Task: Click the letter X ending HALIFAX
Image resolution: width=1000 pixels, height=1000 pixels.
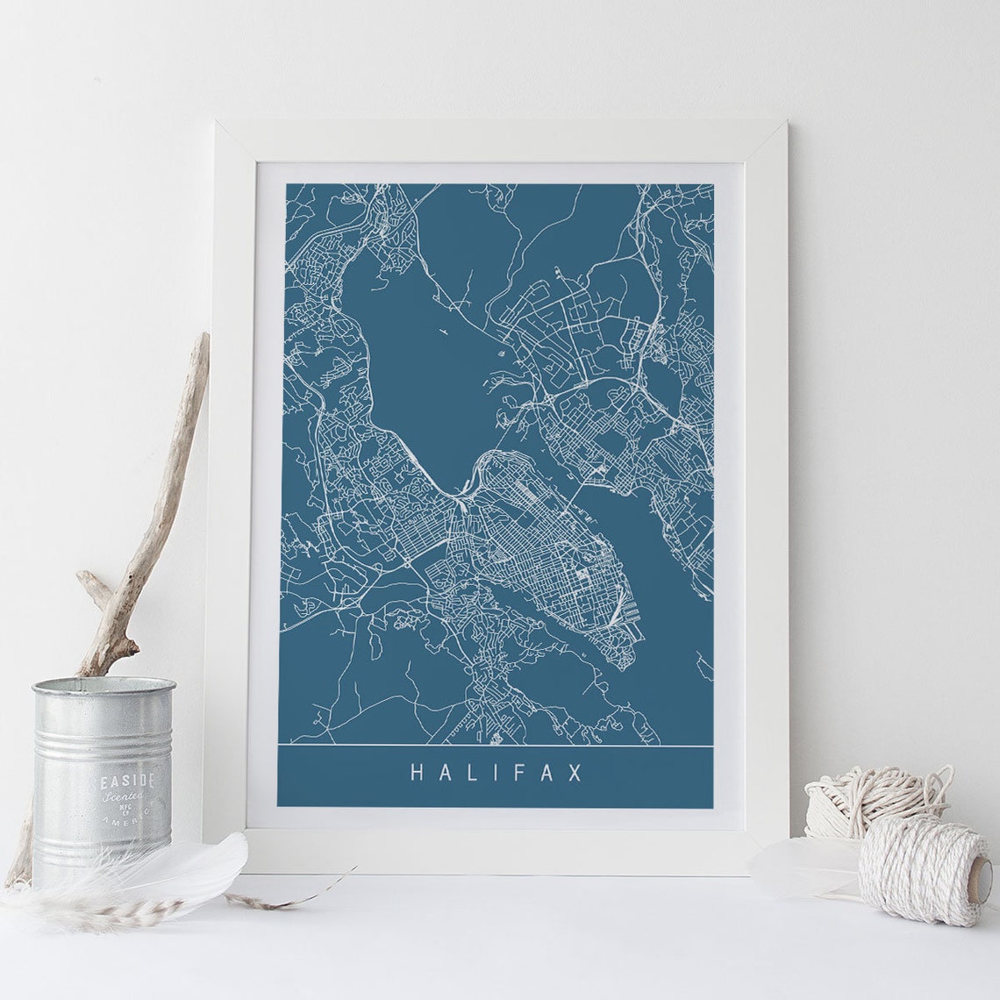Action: pyautogui.click(x=576, y=773)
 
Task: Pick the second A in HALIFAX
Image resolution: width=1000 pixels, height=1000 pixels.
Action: pyautogui.click(x=550, y=773)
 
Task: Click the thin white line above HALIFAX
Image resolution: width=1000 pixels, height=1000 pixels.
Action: pyautogui.click(x=496, y=745)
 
